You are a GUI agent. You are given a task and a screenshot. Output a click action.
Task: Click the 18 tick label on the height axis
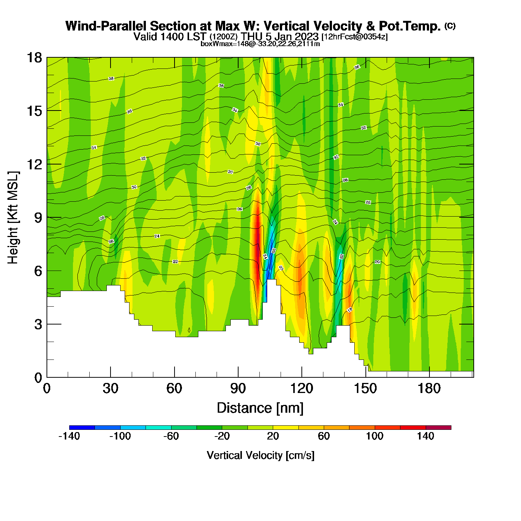[x=35, y=58]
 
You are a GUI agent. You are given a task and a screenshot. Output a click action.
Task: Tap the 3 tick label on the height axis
[x=38, y=325]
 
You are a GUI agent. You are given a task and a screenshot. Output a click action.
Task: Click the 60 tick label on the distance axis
[x=174, y=389]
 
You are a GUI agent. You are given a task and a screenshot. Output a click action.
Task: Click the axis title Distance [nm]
[x=260, y=408]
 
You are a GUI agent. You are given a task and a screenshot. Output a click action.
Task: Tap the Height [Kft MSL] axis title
[x=13, y=218]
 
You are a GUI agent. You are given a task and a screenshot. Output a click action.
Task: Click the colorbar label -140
[x=69, y=436]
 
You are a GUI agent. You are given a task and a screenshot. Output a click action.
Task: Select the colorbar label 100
[x=374, y=436]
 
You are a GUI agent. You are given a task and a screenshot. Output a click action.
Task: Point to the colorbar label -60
[x=171, y=436]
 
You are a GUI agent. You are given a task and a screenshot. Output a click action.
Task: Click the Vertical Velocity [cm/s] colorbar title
[x=260, y=456]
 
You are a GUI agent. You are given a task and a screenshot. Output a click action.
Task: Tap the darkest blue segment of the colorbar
[x=82, y=428]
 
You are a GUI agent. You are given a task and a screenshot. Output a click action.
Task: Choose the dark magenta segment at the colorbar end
[x=438, y=428]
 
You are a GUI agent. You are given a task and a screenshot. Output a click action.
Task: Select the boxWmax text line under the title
[x=260, y=44]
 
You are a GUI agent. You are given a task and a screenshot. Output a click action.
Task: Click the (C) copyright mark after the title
[x=450, y=26]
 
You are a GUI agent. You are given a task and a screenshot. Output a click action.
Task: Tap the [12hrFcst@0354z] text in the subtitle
[x=354, y=37]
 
